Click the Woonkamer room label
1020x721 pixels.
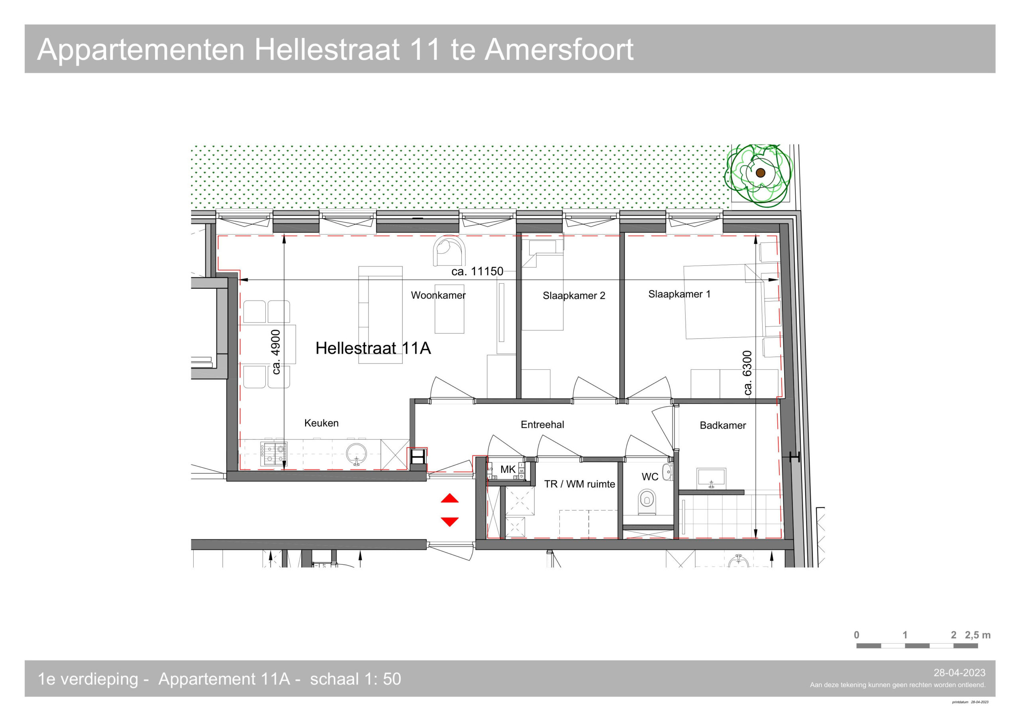coord(438,295)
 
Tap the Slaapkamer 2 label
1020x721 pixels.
coord(573,296)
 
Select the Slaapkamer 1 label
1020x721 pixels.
coord(679,294)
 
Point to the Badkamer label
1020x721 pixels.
coord(723,425)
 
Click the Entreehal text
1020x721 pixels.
coord(542,424)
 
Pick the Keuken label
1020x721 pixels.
coord(321,423)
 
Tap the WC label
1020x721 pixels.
coord(649,477)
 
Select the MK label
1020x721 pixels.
coord(508,469)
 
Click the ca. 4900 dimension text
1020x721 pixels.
coord(276,352)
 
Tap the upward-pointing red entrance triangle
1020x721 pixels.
coord(449,498)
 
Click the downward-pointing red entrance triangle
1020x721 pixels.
coord(449,521)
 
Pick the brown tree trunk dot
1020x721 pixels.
coord(760,173)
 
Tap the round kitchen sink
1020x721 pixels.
coord(356,454)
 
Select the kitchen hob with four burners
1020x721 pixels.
coord(273,454)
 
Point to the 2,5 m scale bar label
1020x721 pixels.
coord(978,635)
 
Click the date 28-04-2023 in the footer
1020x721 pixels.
coord(959,673)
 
